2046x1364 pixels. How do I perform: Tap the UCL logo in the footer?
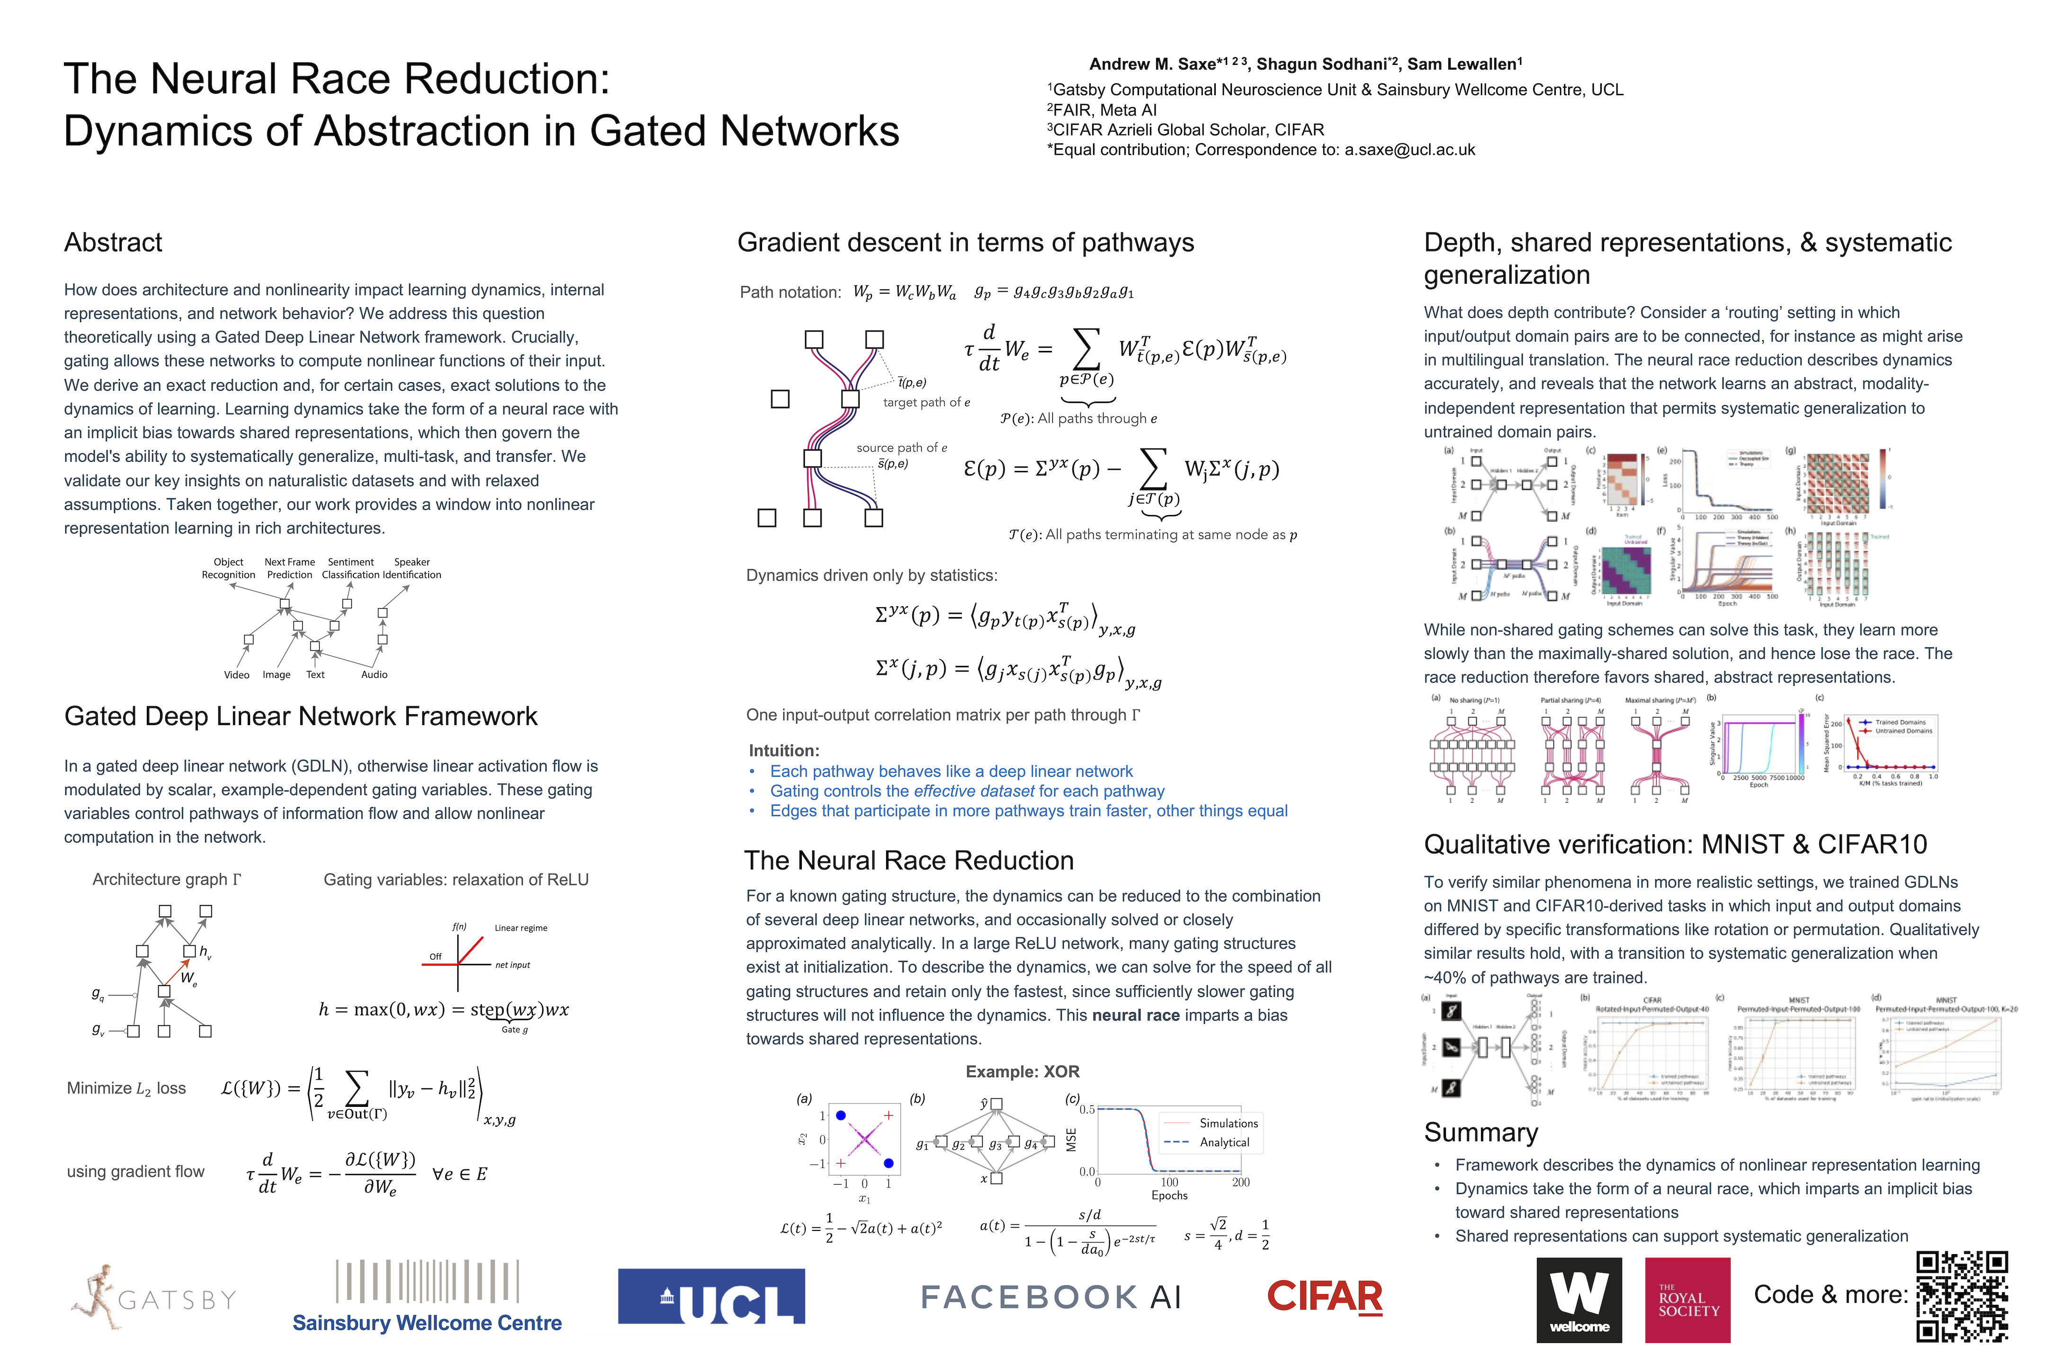[711, 1296]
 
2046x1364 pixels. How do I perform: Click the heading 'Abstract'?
[113, 242]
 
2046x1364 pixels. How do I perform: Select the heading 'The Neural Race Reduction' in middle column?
[908, 861]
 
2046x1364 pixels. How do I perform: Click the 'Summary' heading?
[1481, 1132]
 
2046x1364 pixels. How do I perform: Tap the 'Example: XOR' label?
[1022, 1072]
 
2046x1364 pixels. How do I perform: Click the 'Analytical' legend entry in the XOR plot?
[1224, 1142]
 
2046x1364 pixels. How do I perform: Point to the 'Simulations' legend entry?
[1228, 1123]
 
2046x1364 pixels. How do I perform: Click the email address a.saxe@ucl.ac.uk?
[1409, 150]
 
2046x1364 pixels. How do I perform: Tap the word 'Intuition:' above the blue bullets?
[784, 750]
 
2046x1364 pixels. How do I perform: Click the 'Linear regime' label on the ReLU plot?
[521, 928]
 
